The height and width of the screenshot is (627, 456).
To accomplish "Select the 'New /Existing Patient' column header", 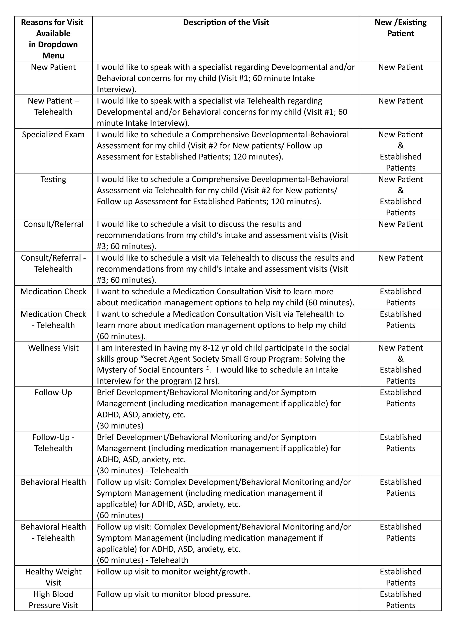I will point(400,28).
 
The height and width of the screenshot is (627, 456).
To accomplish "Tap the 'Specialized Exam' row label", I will point(53,135).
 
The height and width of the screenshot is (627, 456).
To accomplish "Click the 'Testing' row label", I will point(53,179).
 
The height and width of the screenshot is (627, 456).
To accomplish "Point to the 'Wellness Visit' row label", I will point(53,348).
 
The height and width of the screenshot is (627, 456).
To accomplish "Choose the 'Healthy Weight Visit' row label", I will point(53,577).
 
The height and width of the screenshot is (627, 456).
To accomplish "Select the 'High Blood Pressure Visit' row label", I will point(53,600).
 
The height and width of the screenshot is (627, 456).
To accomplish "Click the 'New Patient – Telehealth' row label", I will point(53,106).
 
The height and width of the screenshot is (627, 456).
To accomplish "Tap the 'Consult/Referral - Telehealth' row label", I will point(53,264).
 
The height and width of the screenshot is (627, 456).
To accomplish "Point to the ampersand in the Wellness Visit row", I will point(400,359).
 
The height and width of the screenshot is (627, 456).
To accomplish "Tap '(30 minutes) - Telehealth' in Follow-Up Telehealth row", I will point(143,471).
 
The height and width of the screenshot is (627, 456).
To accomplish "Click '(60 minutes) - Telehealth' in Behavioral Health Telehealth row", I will point(143,560).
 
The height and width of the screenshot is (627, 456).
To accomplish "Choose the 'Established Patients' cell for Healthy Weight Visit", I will point(400,577).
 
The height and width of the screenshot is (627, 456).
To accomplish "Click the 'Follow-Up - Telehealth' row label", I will point(53,443).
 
